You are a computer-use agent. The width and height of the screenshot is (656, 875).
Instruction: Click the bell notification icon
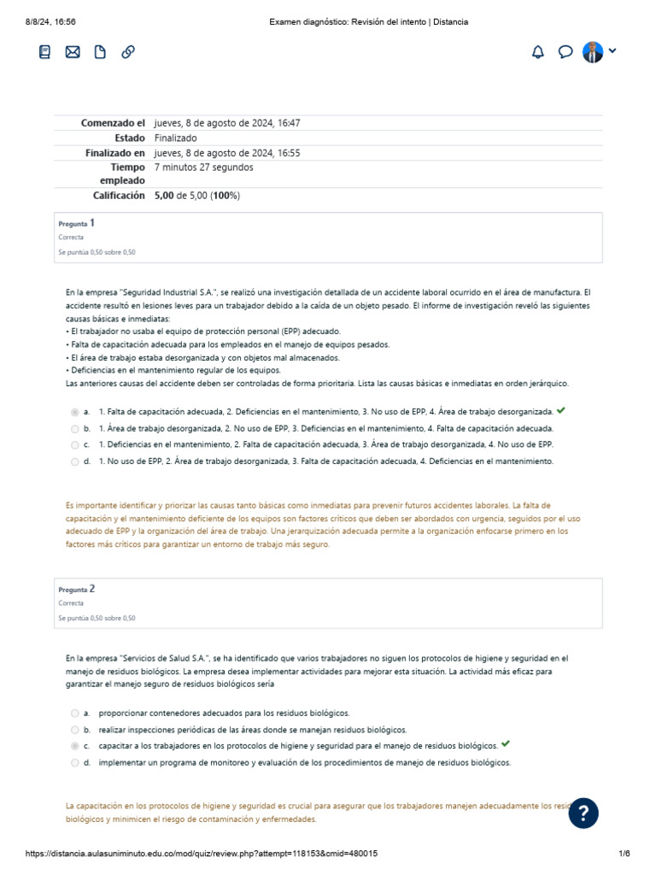click(x=537, y=52)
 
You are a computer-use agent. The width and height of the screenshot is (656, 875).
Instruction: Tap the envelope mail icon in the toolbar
click(x=73, y=52)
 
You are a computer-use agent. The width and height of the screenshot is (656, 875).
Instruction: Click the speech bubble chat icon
click(x=565, y=52)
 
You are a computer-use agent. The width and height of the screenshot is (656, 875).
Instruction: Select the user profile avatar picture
click(x=593, y=52)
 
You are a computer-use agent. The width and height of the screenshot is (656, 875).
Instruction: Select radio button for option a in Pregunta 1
click(x=75, y=412)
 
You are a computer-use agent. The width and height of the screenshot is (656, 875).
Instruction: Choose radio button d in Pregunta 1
click(x=75, y=461)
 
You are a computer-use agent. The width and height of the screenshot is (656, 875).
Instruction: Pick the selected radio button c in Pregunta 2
click(x=75, y=746)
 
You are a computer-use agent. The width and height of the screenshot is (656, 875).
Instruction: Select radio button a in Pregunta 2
click(x=75, y=713)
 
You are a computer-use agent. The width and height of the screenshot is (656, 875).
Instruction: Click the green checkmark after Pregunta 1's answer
click(x=560, y=411)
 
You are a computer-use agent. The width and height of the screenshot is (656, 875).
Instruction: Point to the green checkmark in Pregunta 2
click(x=506, y=745)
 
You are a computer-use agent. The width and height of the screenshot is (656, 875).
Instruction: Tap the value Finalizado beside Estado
click(x=175, y=138)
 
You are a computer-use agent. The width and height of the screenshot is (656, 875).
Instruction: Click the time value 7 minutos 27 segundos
click(x=203, y=167)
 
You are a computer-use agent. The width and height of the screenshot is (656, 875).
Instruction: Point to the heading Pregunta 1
click(x=77, y=223)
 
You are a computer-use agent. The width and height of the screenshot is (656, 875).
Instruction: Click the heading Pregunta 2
click(x=77, y=589)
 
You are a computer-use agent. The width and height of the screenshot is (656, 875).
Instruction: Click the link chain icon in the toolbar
click(x=128, y=52)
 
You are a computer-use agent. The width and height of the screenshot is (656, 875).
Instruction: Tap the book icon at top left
click(x=45, y=52)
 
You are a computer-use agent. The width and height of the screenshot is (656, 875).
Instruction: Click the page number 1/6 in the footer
click(x=624, y=854)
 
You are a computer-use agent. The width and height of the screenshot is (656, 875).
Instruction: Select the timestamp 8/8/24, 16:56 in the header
click(x=45, y=21)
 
